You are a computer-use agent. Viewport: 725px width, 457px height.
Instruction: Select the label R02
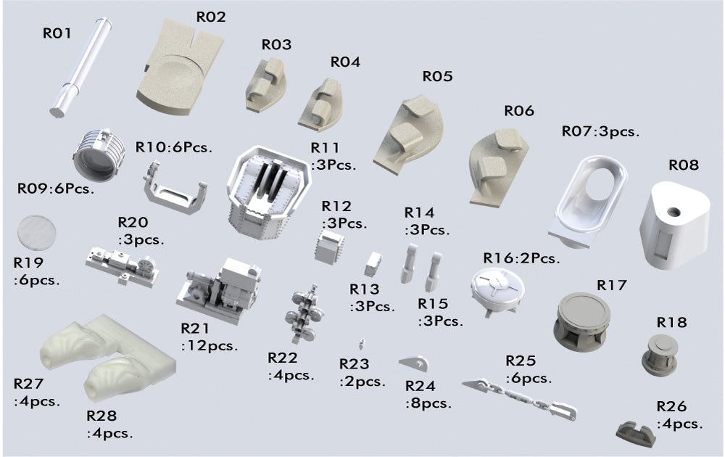pos(211,17)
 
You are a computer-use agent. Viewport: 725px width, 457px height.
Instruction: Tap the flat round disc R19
pos(36,233)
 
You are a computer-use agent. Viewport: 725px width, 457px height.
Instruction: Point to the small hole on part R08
pos(674,212)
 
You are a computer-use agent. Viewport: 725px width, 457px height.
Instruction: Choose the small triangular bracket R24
pos(414,363)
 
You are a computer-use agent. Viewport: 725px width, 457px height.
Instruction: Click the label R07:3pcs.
pos(600,131)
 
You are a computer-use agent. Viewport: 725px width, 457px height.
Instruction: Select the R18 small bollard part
pos(660,355)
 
